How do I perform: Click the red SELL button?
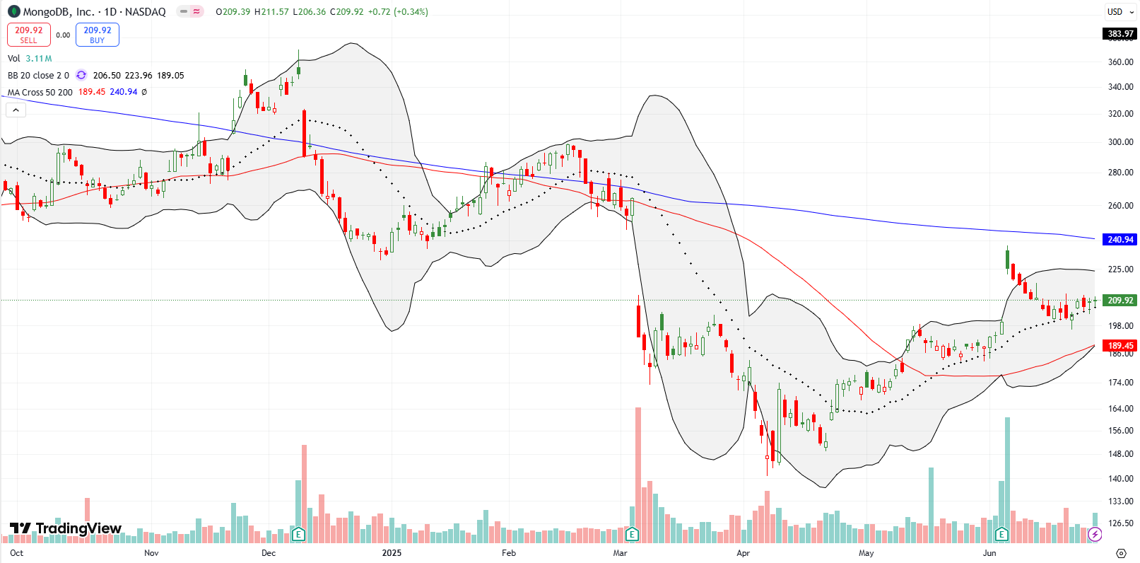coord(29,35)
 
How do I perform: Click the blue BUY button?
coord(98,35)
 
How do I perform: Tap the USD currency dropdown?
coord(1120,11)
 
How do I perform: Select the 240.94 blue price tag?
coord(1120,240)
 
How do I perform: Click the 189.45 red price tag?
coord(1120,346)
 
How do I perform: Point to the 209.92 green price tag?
coord(1120,301)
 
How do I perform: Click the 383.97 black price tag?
coord(1120,33)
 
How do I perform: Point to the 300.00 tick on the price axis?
coord(1120,142)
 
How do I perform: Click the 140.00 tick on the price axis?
coord(1120,479)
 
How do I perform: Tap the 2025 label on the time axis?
coord(392,553)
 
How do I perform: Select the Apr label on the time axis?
coord(743,553)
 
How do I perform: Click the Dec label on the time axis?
coord(269,553)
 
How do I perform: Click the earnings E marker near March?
coord(632,534)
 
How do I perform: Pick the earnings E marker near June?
coord(1001,534)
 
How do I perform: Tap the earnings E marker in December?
coord(298,534)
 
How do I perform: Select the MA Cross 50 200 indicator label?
coord(40,92)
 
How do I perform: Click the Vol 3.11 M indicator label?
coord(30,59)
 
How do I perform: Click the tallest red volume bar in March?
coord(638,474)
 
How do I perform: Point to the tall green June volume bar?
coord(1007,477)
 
